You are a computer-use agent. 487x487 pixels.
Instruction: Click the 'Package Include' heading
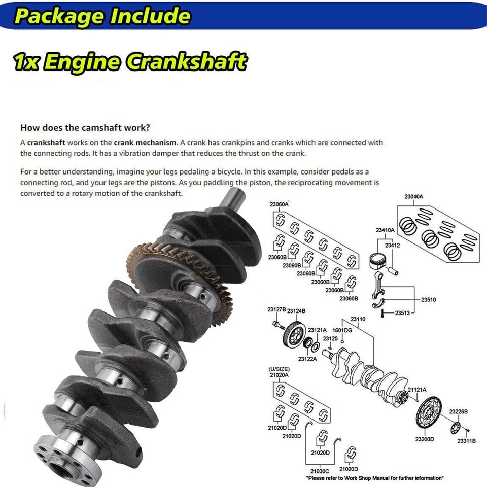pyautogui.click(x=102, y=16)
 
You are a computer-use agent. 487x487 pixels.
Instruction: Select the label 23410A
pyautogui.click(x=385, y=230)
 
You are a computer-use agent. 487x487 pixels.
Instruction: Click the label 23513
pyautogui.click(x=403, y=314)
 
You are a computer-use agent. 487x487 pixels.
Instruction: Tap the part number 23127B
pyautogui.click(x=276, y=309)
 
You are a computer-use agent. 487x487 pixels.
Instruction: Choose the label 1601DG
pyautogui.click(x=342, y=330)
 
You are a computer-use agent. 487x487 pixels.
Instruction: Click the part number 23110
pyautogui.click(x=358, y=319)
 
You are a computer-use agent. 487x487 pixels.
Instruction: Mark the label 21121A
pyautogui.click(x=417, y=389)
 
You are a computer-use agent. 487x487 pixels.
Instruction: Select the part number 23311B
pyautogui.click(x=466, y=441)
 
